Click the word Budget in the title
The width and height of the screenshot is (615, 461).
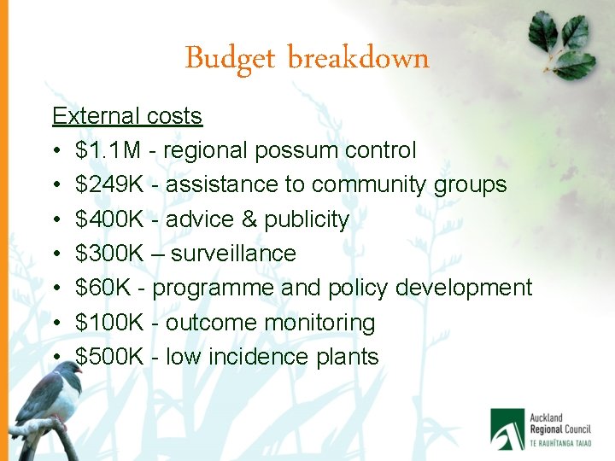(x=228, y=59)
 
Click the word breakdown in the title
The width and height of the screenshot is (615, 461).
(x=358, y=58)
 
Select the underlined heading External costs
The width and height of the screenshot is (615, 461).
(x=127, y=116)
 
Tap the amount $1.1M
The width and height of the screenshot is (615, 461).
(x=108, y=151)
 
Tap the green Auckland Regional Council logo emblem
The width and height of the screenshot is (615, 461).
(x=507, y=428)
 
